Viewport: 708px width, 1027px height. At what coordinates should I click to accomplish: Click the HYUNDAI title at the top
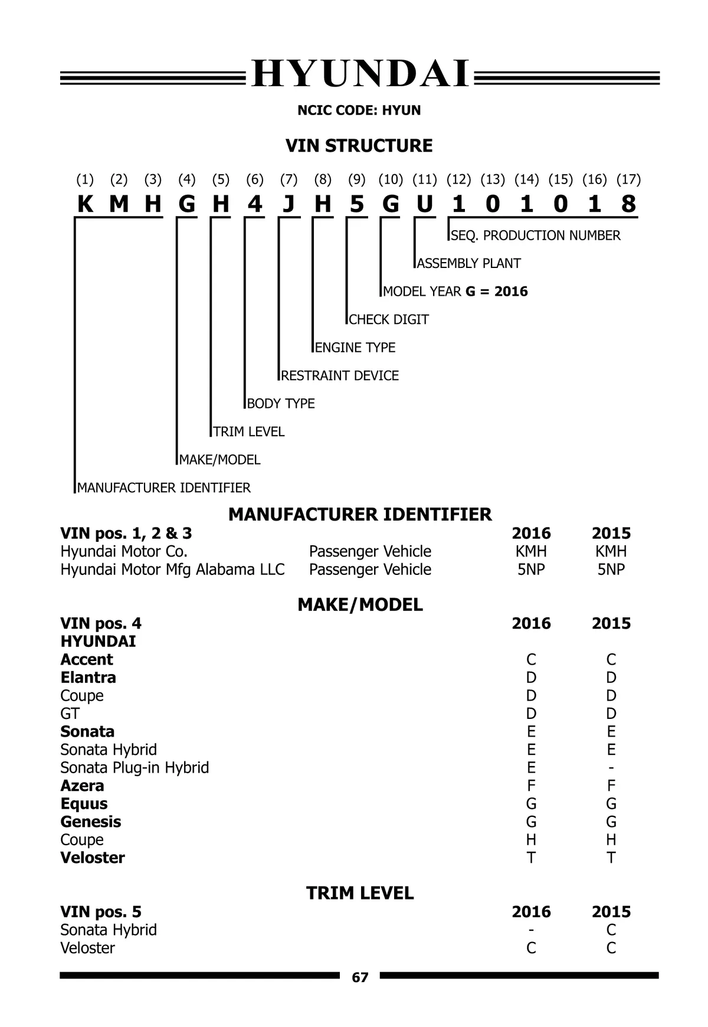tap(360, 75)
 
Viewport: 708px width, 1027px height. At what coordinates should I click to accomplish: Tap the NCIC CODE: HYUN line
tap(359, 110)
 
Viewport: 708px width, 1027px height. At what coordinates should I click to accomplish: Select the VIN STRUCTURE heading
tap(359, 146)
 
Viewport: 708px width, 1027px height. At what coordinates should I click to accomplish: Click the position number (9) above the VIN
tap(356, 179)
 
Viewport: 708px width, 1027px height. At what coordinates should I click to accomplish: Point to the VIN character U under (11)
tap(425, 204)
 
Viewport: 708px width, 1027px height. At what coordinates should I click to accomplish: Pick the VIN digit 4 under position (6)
tap(254, 204)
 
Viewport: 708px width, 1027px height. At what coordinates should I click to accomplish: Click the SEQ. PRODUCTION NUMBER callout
tap(535, 236)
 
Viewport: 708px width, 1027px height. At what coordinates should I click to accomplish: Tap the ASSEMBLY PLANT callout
tap(468, 263)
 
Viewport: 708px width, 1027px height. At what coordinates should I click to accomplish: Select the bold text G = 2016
tap(496, 292)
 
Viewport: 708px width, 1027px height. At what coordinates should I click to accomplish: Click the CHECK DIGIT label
tap(388, 319)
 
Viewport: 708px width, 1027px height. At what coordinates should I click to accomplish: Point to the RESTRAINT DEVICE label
tap(340, 375)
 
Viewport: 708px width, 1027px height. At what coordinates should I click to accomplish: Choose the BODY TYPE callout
tap(281, 404)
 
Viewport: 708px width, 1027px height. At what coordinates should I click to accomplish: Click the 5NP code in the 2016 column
tap(531, 570)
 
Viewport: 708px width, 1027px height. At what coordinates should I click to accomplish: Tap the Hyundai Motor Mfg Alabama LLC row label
tap(172, 570)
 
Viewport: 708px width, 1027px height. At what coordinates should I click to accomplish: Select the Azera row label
tap(82, 786)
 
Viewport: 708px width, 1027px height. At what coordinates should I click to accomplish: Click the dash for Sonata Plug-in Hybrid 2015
tap(611, 768)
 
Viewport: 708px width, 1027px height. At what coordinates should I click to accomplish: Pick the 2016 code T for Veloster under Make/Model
tap(531, 858)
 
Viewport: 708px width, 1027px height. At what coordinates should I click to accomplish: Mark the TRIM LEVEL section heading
tap(360, 893)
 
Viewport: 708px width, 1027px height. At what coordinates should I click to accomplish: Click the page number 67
tap(360, 977)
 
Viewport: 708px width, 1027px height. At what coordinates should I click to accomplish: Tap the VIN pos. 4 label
tap(101, 623)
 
